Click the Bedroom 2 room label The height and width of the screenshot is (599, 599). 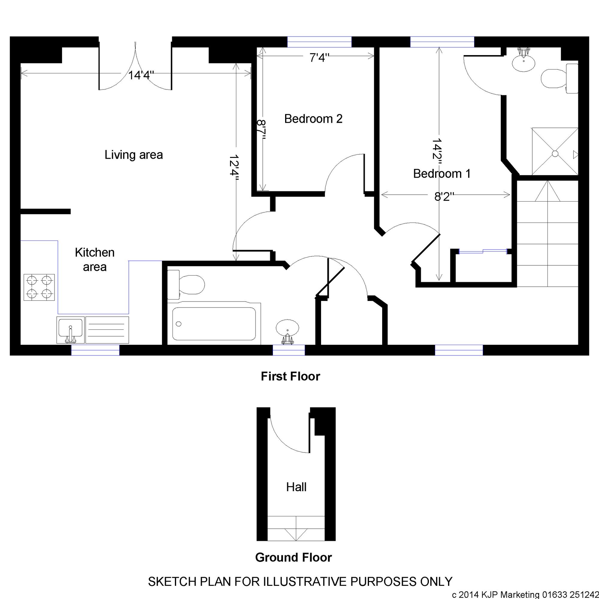pos(313,119)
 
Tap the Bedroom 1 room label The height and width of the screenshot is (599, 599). pos(442,174)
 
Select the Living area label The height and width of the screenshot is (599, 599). pos(134,155)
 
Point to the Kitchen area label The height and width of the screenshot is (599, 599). pos(95,259)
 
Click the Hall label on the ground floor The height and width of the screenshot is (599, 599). pos(297,487)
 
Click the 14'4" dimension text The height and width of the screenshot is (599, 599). pos(141,75)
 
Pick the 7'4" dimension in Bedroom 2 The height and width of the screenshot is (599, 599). pos(319,58)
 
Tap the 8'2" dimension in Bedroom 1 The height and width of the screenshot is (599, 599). pos(444,196)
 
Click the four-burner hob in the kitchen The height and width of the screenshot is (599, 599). pos(39,288)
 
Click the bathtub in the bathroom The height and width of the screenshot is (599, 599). pos(214,323)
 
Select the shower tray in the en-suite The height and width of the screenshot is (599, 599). pos(555,151)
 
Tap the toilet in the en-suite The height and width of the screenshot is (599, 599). pos(559,78)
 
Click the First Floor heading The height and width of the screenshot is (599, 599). pos(291,376)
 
